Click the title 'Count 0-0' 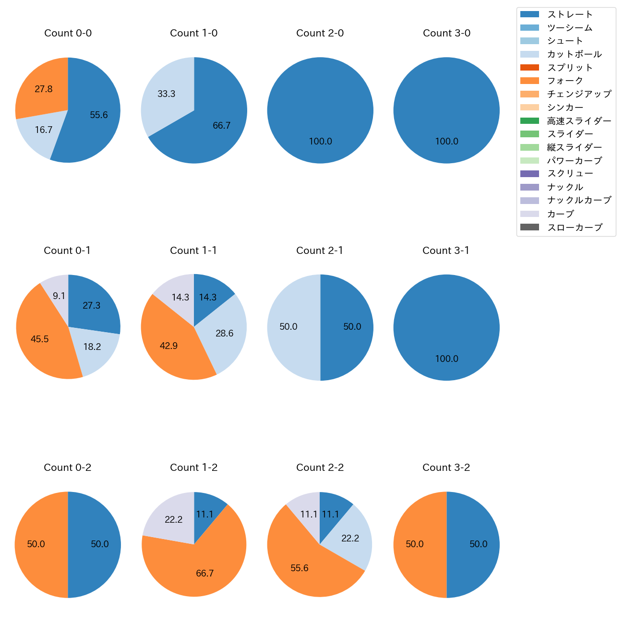(68, 33)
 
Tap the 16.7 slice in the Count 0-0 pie (41, 132)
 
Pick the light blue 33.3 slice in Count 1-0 (166, 96)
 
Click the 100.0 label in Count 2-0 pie (320, 142)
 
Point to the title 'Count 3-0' (446, 33)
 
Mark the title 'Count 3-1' (446, 251)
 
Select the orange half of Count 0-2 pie (38, 545)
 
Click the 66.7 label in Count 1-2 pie (205, 574)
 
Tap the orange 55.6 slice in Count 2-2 (300, 566)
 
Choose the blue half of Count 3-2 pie (475, 545)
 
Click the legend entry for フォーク (564, 81)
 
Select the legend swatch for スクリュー (529, 174)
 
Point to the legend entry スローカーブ (575, 228)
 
